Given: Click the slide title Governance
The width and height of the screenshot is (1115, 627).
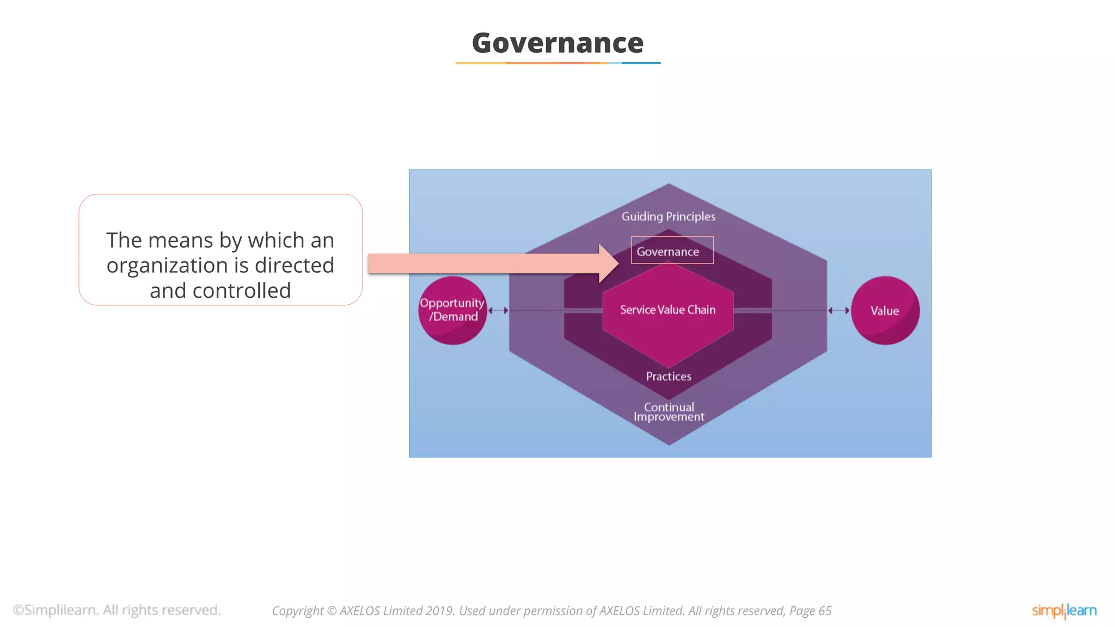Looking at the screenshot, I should click(557, 43).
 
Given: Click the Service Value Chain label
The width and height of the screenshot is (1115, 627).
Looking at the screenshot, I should click(668, 310).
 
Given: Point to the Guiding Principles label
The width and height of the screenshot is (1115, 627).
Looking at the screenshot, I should click(669, 217).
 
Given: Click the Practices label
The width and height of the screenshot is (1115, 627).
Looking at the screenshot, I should click(669, 376).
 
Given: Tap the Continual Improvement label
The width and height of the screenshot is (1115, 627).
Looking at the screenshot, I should click(669, 412).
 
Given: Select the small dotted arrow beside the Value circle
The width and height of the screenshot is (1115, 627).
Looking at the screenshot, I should click(838, 310).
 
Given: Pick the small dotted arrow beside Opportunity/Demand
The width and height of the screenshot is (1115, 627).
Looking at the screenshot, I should click(498, 310).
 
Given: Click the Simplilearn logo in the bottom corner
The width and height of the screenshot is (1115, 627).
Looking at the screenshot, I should click(1064, 611).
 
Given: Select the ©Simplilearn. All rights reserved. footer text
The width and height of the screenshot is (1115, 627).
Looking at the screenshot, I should click(117, 610).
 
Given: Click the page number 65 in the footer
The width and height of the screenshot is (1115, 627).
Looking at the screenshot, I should click(825, 611).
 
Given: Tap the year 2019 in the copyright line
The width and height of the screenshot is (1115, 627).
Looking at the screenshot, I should click(440, 611).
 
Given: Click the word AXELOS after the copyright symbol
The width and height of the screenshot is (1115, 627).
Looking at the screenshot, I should click(360, 611).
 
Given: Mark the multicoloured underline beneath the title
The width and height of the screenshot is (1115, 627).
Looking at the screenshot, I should click(557, 63).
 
